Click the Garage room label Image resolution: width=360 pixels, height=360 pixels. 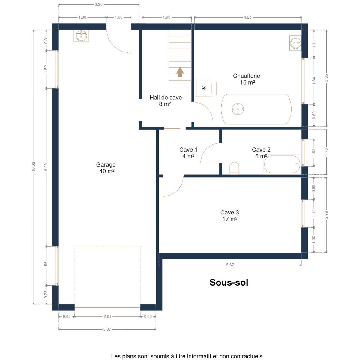106,168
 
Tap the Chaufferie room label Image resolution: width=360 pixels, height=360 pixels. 246,79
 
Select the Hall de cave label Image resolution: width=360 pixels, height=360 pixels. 166,100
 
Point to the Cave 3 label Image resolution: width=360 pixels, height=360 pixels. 229,216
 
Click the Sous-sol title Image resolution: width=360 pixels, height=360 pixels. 229,282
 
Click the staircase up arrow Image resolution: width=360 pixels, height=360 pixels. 180,72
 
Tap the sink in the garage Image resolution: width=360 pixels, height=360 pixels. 81,36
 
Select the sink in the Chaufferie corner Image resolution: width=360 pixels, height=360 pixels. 295,43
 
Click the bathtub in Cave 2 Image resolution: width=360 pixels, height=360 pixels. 282,164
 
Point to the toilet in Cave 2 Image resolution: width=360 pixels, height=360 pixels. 234,168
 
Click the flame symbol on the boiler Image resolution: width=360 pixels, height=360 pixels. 204,88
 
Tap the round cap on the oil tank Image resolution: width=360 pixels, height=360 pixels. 238,109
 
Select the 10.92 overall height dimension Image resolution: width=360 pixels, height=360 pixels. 34,166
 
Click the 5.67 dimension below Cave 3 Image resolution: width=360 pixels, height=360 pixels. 230,265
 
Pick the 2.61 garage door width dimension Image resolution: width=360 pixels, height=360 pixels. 107,316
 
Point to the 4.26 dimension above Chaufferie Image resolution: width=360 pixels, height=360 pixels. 248,17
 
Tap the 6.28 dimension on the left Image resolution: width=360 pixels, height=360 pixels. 46,167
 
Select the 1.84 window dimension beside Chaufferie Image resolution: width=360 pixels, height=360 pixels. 314,81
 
